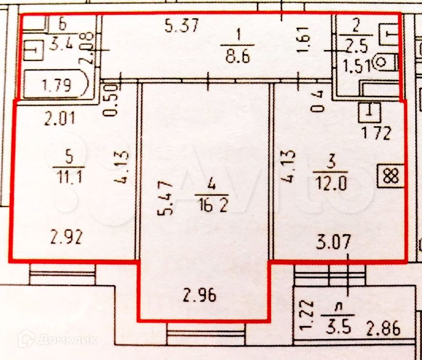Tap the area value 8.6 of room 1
click(x=236, y=60)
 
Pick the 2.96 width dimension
click(x=199, y=296)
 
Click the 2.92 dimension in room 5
click(x=67, y=237)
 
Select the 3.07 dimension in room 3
click(x=334, y=243)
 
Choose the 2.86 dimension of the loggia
click(x=383, y=328)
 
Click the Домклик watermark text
click(x=67, y=340)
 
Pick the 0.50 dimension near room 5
click(x=112, y=100)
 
